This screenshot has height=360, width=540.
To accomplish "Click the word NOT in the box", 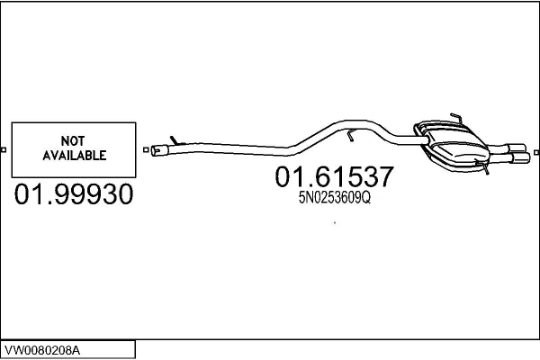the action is (73, 141).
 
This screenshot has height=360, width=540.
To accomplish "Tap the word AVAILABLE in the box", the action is (75, 156).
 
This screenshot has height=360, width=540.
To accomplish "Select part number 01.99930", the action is (74, 194).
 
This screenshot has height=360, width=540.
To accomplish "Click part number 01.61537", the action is (334, 176).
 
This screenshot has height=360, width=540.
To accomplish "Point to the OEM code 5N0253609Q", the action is (335, 198).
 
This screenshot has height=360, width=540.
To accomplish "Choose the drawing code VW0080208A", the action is (42, 351).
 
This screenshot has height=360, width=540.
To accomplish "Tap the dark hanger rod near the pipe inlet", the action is (175, 140).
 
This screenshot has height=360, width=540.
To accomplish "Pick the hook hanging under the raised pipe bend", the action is (350, 135).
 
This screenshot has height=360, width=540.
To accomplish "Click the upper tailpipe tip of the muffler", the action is (517, 148).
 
